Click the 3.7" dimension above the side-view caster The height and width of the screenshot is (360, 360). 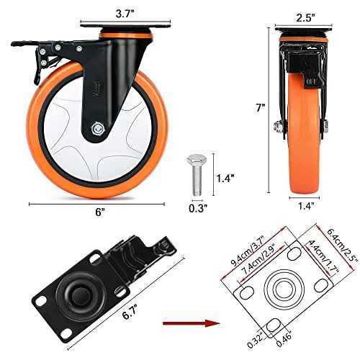point(125,14)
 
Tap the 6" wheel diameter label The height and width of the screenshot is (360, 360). point(100,212)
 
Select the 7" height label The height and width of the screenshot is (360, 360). point(260,107)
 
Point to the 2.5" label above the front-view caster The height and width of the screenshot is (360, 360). point(305,17)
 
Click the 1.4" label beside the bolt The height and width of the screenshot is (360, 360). point(225,178)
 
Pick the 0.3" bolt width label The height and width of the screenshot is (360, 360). point(198,208)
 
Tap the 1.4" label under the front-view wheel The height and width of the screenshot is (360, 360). point(306,206)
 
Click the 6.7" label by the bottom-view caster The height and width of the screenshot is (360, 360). point(130,312)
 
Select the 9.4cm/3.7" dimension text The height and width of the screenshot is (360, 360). point(247,251)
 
